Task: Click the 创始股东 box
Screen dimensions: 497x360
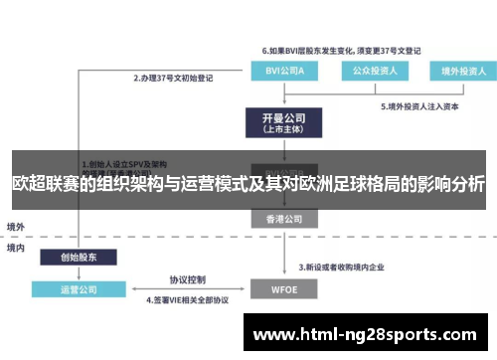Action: [x=79, y=256]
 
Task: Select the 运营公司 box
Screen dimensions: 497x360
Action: [x=79, y=290]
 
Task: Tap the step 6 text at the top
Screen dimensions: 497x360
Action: [x=341, y=49]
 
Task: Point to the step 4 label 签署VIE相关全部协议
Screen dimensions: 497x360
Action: [x=188, y=299]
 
